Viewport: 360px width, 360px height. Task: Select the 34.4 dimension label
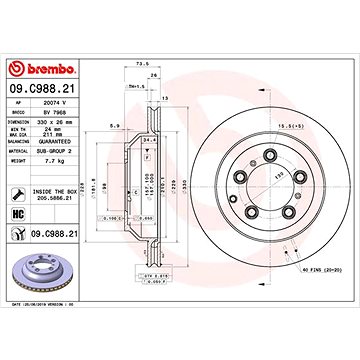(x=152, y=142)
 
